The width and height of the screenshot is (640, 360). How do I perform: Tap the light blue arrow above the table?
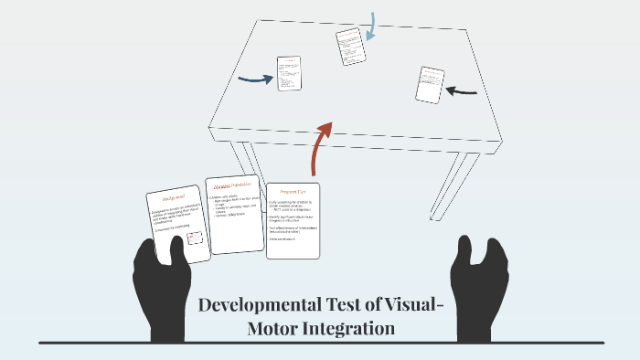click(370, 26)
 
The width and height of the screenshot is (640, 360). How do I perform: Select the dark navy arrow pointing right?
click(255, 79)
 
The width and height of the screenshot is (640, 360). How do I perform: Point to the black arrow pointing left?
click(463, 90)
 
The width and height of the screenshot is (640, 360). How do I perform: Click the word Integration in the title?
click(353, 327)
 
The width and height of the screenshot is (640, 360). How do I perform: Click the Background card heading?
click(174, 198)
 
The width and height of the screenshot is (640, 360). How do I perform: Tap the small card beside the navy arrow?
click(289, 73)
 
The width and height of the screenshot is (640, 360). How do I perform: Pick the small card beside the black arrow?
click(430, 84)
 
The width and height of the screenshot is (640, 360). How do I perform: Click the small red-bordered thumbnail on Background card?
click(194, 238)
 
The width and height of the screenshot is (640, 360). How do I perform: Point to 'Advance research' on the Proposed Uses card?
click(285, 239)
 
